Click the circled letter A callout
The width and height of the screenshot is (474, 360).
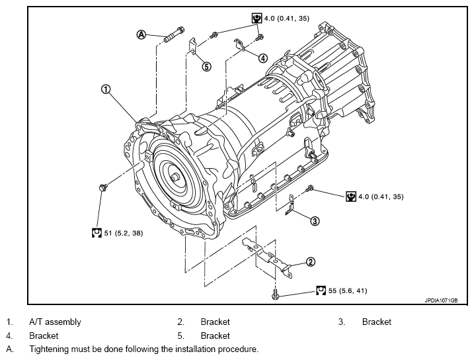tap(141, 35)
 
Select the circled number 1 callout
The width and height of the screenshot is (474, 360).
tap(106, 89)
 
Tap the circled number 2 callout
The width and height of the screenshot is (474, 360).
tap(311, 261)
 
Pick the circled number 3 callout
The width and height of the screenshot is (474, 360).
tap(315, 221)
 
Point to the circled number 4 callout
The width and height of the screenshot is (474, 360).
tap(263, 58)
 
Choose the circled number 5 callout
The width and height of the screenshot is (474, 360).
tap(206, 67)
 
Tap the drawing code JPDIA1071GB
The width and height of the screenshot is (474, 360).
tap(441, 300)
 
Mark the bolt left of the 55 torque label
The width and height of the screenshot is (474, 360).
tap(275, 294)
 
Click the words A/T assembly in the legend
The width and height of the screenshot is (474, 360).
tap(55, 322)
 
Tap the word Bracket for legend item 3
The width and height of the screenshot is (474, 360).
tap(377, 322)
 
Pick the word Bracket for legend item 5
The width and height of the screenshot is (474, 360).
tap(216, 336)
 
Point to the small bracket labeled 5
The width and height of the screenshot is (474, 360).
tap(192, 46)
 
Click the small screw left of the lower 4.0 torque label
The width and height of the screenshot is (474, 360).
tap(309, 188)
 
